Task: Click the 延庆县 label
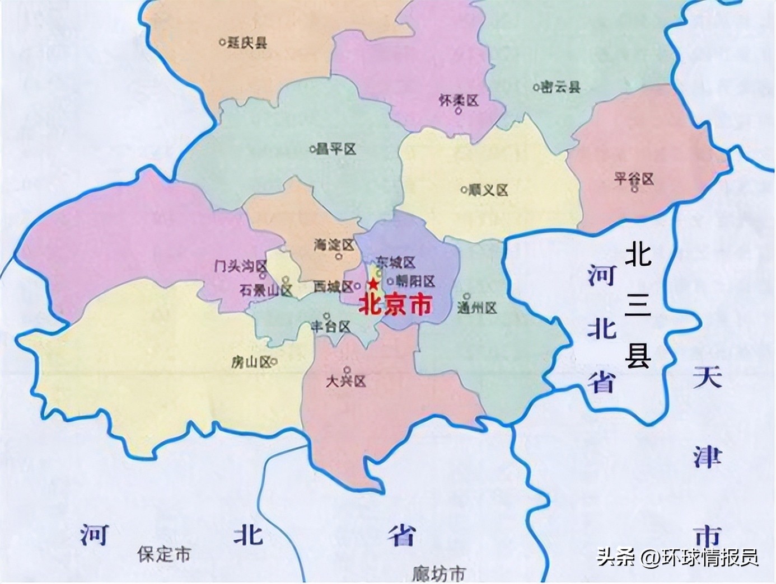click(x=247, y=43)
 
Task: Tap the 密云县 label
click(x=560, y=87)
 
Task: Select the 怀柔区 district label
click(x=459, y=100)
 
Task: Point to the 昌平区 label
click(x=336, y=149)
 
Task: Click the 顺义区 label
click(x=488, y=190)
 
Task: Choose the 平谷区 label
click(x=633, y=178)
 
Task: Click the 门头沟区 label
click(x=241, y=266)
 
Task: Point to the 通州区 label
click(x=477, y=307)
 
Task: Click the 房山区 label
click(x=250, y=362)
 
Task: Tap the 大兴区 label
click(x=345, y=381)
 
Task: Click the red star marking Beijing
click(x=373, y=284)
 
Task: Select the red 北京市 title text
click(x=395, y=304)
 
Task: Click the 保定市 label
click(x=163, y=554)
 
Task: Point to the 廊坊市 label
click(x=438, y=573)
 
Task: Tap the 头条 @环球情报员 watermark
click(x=677, y=557)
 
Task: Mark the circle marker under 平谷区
click(x=634, y=189)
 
